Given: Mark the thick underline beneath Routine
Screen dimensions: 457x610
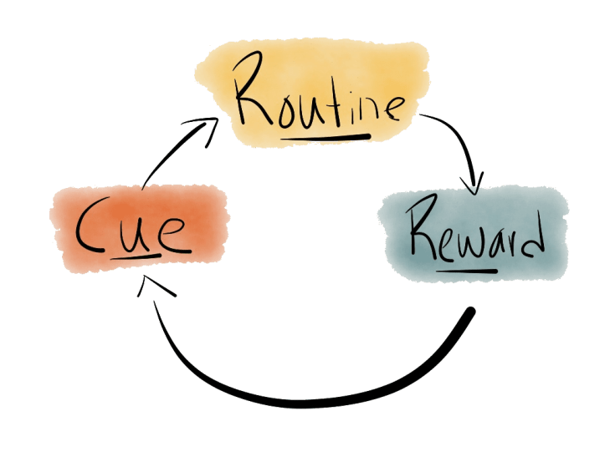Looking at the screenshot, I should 326,134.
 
